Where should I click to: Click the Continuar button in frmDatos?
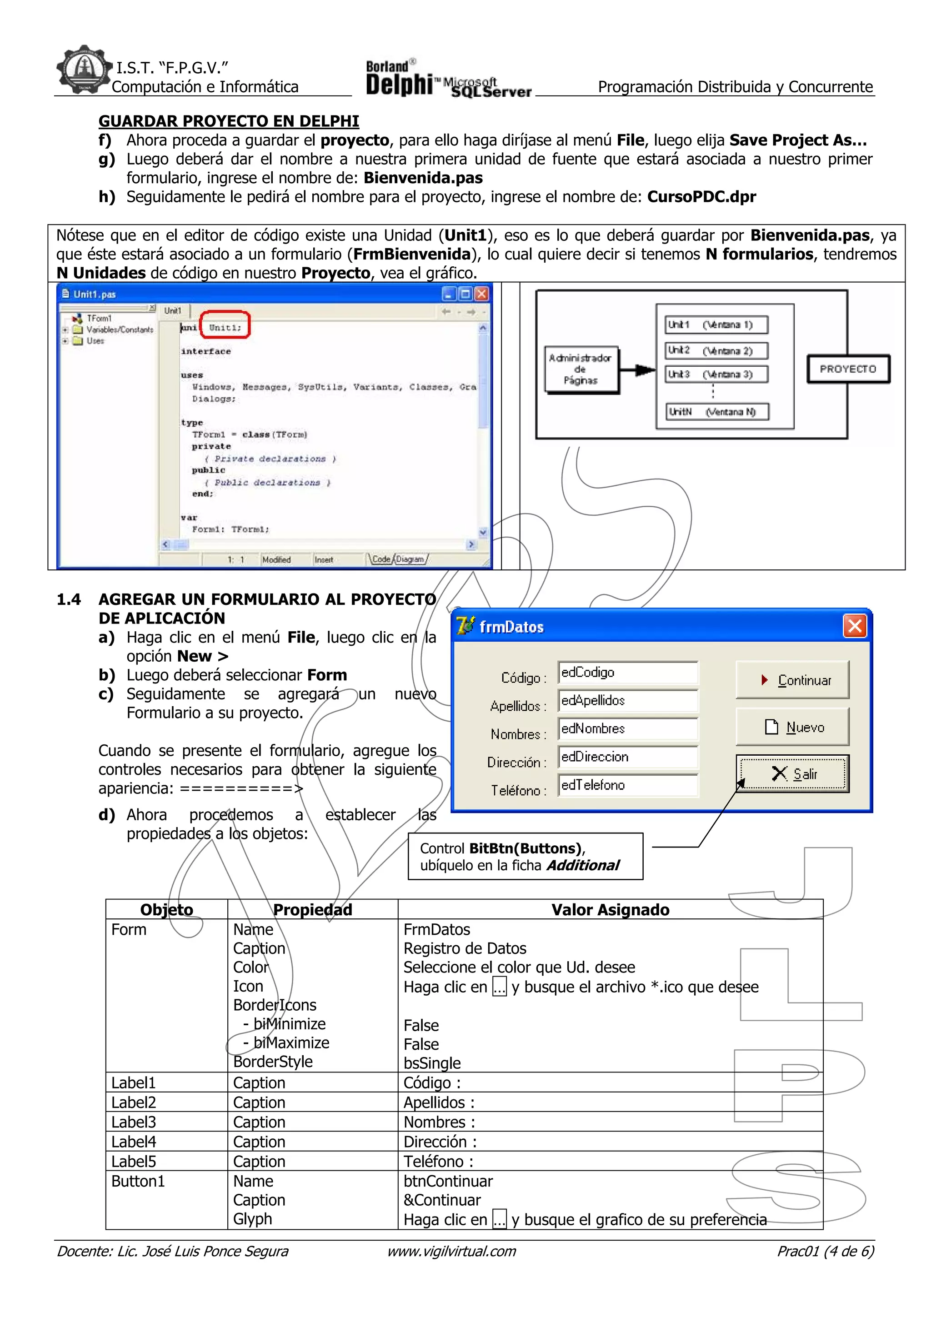792,680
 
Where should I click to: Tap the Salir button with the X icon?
792,774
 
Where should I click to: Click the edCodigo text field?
627,672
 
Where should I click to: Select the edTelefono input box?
627,785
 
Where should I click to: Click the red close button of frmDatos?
854,626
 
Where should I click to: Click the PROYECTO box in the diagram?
847,369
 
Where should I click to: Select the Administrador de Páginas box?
580,369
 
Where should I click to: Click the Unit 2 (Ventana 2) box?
716,350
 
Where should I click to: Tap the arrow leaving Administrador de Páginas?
637,370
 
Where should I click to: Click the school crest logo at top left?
84,70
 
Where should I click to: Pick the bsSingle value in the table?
432,1063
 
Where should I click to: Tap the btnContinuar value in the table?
448,1181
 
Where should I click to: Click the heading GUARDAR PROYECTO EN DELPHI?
228,121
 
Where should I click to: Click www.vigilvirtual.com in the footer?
451,1251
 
